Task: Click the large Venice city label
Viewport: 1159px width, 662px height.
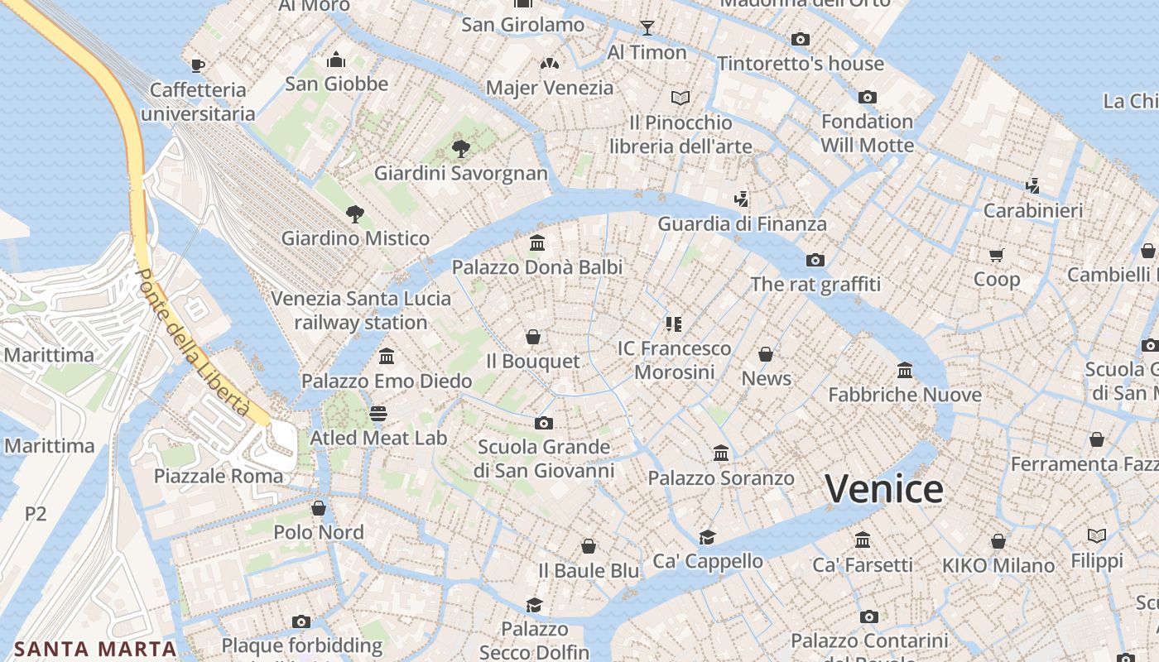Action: [884, 489]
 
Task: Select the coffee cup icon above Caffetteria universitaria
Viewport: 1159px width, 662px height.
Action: [197, 65]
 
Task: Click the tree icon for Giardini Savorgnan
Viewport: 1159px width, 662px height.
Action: [461, 149]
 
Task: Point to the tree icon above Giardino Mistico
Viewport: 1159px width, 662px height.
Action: [355, 214]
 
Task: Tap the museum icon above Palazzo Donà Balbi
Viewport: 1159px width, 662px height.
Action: [537, 243]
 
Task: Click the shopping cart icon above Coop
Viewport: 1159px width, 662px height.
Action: [997, 255]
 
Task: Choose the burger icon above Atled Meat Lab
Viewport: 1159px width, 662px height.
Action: [378, 413]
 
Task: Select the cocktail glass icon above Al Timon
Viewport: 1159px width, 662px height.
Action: [647, 28]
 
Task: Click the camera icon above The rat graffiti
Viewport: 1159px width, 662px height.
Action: [815, 261]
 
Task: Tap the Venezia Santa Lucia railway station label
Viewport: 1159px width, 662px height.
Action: [361, 310]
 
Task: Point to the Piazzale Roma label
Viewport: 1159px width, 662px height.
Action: [219, 476]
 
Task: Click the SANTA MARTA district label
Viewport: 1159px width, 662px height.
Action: [95, 649]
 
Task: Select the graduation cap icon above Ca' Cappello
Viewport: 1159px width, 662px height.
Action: [707, 537]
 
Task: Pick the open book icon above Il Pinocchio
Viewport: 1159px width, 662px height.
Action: [680, 98]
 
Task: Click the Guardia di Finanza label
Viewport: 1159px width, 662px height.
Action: [742, 224]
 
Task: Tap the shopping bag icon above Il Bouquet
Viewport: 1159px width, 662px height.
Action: [533, 338]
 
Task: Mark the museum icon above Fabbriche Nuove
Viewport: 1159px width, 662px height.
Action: [905, 371]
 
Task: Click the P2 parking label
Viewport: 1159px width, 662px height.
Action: [36, 514]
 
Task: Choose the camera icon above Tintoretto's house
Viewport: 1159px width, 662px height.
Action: [800, 40]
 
